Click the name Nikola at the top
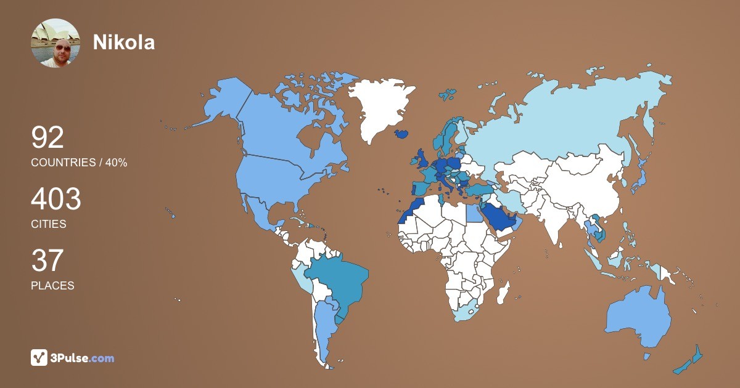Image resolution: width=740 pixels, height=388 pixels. click(124, 42)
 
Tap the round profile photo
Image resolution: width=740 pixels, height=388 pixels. click(55, 43)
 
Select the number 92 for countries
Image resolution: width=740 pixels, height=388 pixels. click(47, 137)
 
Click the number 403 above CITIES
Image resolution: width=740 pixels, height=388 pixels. click(56, 200)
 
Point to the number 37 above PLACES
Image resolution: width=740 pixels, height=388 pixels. click(47, 261)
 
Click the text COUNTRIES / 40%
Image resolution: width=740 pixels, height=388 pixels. click(79, 163)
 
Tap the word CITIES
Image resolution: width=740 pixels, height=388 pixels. click(49, 224)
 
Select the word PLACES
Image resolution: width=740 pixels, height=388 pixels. click(52, 286)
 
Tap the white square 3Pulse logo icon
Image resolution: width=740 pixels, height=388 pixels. click(39, 357)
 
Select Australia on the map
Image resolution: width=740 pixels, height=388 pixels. click(638, 317)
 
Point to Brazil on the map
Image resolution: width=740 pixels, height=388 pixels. click(339, 283)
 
